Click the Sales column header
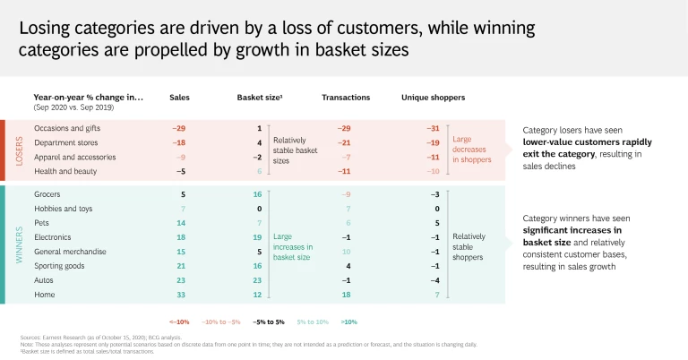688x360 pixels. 179,97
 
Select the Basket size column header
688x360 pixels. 260,97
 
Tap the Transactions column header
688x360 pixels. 346,97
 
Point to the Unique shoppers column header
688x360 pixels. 433,97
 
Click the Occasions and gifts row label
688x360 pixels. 68,128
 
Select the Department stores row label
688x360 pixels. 65,142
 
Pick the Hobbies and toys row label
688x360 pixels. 64,208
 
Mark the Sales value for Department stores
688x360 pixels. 178,142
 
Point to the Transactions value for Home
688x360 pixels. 346,295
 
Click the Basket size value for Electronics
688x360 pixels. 257,237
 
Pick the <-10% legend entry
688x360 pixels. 179,321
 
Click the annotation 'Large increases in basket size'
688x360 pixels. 295,252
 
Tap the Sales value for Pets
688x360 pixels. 180,222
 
